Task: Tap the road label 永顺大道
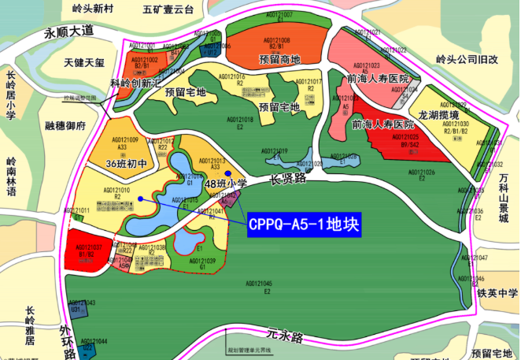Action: (x=68, y=32)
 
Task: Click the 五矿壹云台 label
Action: (x=168, y=10)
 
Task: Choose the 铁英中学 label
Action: (x=497, y=295)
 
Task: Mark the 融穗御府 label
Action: (x=65, y=125)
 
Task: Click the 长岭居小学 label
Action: (x=10, y=94)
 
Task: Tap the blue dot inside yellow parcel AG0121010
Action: (x=139, y=199)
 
